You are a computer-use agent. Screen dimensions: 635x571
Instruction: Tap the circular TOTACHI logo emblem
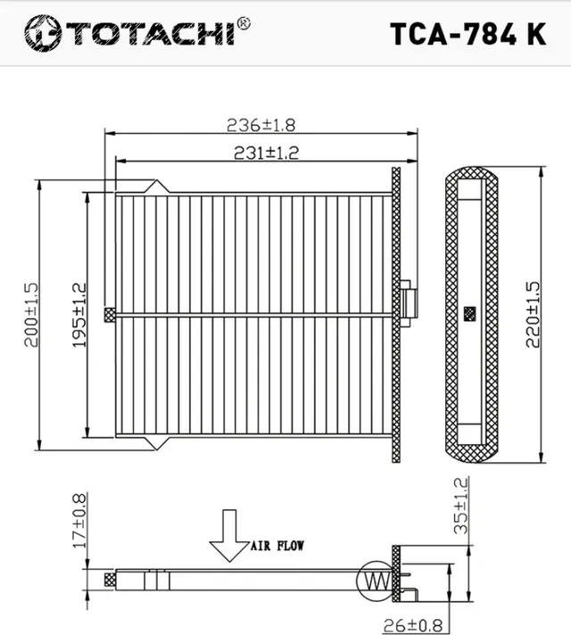click(x=41, y=33)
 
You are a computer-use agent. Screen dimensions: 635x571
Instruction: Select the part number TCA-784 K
click(x=468, y=32)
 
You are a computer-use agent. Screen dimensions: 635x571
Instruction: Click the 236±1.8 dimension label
click(x=261, y=124)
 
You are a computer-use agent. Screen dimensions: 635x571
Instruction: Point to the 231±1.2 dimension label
click(x=265, y=153)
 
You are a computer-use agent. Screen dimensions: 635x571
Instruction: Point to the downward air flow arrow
click(x=229, y=534)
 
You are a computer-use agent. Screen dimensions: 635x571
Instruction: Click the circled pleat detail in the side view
click(x=374, y=580)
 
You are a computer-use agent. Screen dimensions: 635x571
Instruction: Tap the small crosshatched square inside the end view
click(x=470, y=314)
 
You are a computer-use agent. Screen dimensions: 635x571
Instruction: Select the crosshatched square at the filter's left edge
click(x=111, y=314)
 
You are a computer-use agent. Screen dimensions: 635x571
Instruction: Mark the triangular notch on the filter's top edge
click(x=158, y=186)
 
